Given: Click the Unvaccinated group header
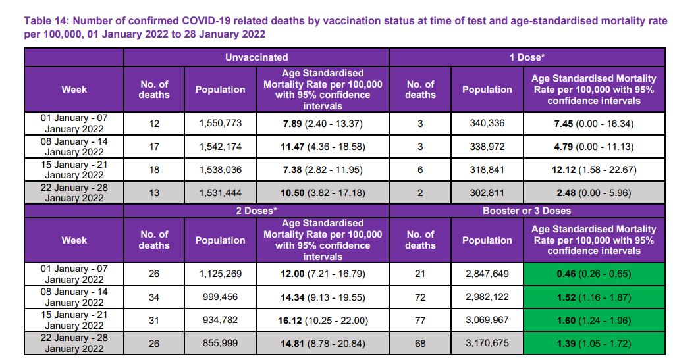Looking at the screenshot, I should coord(256,57).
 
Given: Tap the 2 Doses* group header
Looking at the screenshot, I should coord(256,211).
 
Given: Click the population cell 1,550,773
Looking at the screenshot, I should coord(220,123).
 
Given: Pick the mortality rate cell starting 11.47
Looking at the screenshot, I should coord(322,146).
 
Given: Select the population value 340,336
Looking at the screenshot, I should coord(487,123).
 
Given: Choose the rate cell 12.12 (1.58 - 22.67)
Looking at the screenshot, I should coord(593,169).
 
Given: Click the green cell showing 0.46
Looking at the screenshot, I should coord(593,274).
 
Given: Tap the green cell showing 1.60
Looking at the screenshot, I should coord(593,321).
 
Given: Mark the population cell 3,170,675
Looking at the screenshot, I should coord(487,344).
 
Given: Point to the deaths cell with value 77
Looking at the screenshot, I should coord(420,321).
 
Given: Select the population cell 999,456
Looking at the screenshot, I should coord(220,297).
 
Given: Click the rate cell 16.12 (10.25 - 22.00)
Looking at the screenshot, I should coord(322,321).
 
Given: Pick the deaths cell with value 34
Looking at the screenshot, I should coord(154,297).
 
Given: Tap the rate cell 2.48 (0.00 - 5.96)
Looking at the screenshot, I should coord(593,193).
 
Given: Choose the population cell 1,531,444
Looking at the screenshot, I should coord(220,193).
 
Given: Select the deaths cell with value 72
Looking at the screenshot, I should coord(420,297).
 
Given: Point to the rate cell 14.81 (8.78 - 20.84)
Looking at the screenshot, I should coord(322,344).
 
